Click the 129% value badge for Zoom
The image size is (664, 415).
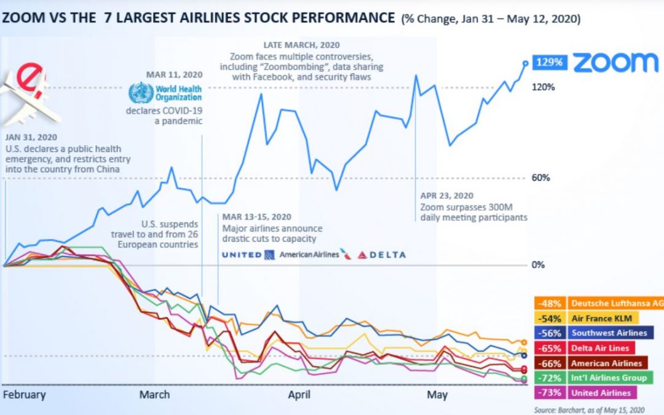pyautogui.click(x=548, y=62)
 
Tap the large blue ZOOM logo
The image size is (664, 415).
pyautogui.click(x=615, y=62)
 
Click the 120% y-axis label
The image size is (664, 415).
pyautogui.click(x=543, y=87)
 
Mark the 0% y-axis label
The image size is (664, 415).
pyautogui.click(x=538, y=266)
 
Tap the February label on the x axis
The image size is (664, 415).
pyautogui.click(x=25, y=394)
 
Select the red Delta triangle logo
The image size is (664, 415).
pyautogui.click(x=362, y=255)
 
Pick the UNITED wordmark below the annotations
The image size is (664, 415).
pyautogui.click(x=242, y=255)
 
